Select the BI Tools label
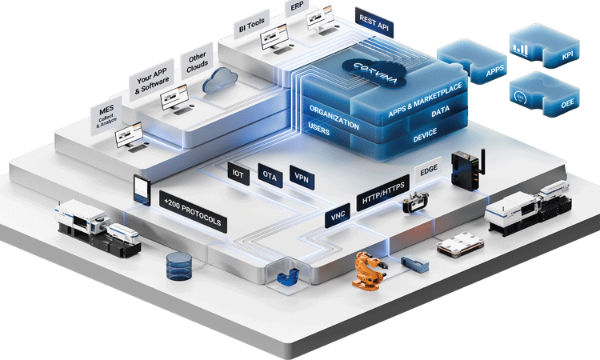[252, 25]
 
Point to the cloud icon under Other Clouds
[217, 82]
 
